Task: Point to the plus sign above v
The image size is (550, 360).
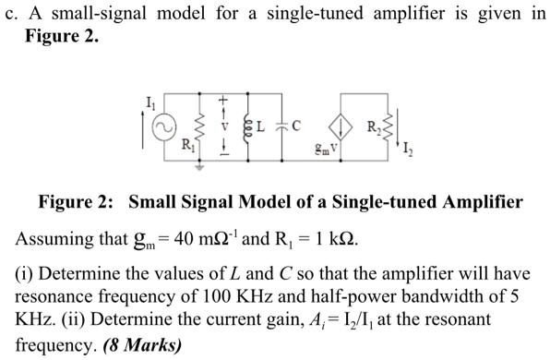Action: click(222, 100)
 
